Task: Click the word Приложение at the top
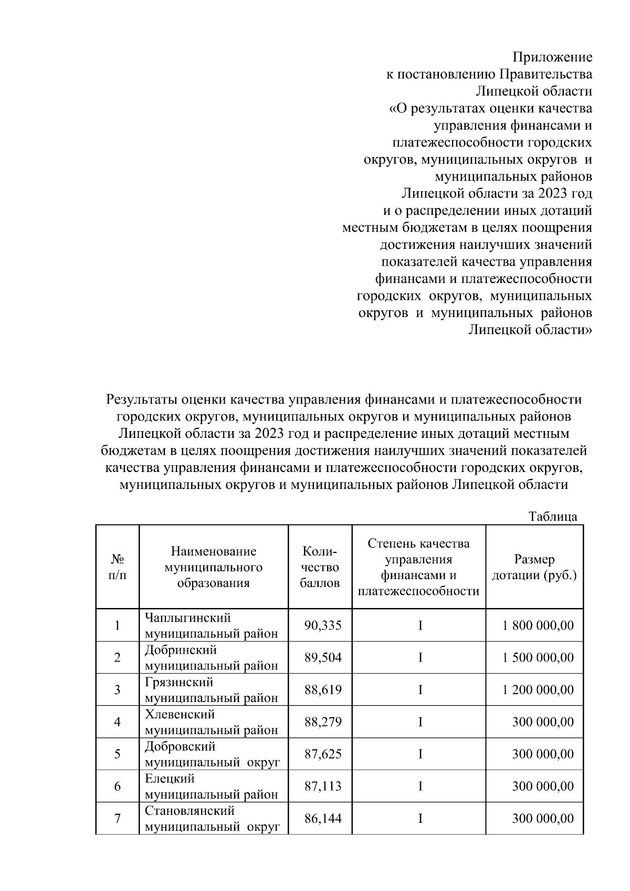tap(552, 57)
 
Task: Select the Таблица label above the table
tap(553, 516)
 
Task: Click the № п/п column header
tap(117, 567)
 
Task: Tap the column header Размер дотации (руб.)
tap(534, 567)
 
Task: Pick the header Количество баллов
tap(319, 567)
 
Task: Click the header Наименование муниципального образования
tap(213, 567)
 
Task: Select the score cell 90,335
tap(323, 625)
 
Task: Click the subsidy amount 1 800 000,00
tap(538, 625)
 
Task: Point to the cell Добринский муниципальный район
tap(211, 657)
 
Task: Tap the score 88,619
tap(323, 689)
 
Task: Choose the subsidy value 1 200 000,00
tap(538, 689)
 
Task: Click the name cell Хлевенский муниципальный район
tap(211, 722)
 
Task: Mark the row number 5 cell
tap(117, 754)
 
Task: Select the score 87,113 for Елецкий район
tap(323, 786)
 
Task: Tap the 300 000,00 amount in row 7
tap(543, 819)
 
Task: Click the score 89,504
tap(323, 657)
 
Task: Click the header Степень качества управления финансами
tap(418, 567)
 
